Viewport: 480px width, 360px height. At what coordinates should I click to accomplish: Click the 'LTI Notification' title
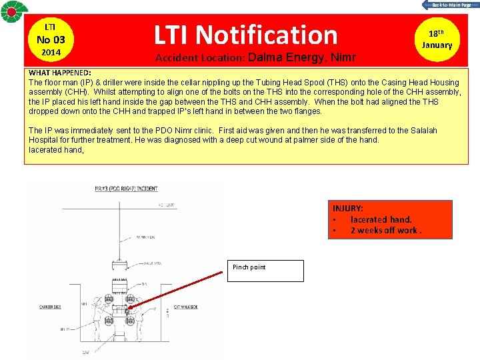pos(246,34)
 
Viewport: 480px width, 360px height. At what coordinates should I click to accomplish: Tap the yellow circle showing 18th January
pos(437,39)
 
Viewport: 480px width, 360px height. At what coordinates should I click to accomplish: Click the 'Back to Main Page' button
pos(450,5)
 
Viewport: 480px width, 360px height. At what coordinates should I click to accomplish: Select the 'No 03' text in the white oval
pos(50,39)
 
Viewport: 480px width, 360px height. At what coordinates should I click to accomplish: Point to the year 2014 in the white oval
pos(50,52)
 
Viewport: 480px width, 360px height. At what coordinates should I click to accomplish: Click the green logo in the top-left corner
pos(13,14)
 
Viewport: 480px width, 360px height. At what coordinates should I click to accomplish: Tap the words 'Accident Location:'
pos(200,57)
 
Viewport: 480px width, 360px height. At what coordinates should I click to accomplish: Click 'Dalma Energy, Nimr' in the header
pos(302,57)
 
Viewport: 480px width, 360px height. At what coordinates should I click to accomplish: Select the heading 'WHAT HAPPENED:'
pos(60,72)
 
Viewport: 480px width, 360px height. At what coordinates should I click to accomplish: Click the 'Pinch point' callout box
pos(265,270)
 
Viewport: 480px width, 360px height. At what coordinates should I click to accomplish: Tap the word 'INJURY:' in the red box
pos(347,209)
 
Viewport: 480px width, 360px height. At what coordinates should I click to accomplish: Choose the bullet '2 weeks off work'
pos(386,231)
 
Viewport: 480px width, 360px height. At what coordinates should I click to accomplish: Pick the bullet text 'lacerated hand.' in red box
pos(381,219)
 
